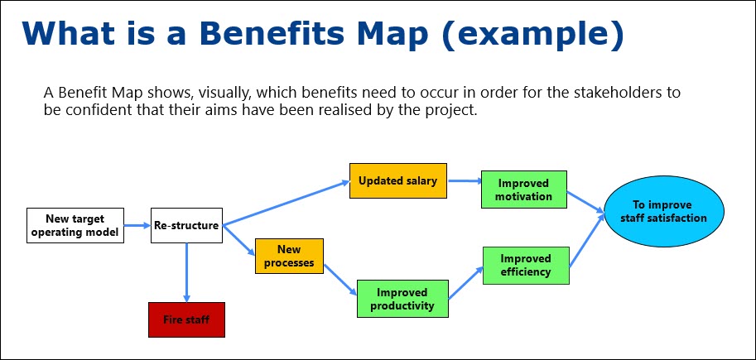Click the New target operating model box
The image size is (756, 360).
pos(75,225)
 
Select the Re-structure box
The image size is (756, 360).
pos(186,225)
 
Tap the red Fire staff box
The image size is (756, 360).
pos(186,319)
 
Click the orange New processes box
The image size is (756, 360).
pos(289,256)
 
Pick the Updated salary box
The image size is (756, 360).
pos(397,180)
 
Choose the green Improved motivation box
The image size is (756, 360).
pos(524,190)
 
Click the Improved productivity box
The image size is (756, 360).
pos(402,299)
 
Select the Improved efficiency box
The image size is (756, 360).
pos(525,265)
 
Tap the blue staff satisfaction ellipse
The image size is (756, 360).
pos(663,212)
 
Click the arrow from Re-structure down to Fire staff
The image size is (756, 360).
pos(186,273)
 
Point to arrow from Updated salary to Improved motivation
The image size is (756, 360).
pos(464,180)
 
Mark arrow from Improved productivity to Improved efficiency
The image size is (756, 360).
pos(465,283)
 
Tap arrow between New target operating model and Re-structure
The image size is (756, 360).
pos(137,225)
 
